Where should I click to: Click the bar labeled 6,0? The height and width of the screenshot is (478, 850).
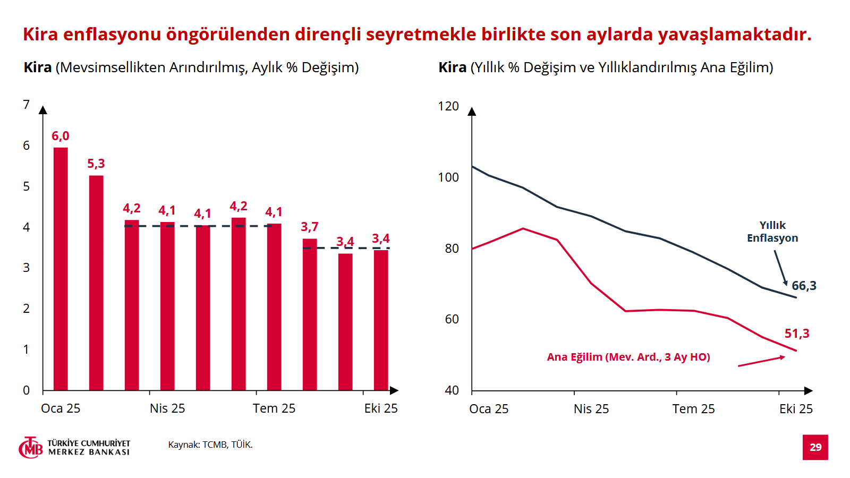point(61,268)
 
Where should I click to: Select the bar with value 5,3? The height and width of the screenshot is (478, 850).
point(96,283)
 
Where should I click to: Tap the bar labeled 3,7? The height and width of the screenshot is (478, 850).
point(310,314)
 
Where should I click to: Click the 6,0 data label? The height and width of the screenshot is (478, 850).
point(61,136)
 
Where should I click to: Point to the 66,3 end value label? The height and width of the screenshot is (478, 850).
point(804,286)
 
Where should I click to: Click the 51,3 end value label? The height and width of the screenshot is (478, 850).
point(797,334)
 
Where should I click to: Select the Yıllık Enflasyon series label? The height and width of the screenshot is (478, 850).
point(772,232)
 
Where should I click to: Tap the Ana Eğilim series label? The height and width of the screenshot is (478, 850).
point(628,357)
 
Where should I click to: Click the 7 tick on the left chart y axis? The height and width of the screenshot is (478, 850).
point(27,105)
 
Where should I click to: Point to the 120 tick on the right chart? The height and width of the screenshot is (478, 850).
point(448,106)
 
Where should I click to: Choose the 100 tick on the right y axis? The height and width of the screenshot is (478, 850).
point(448,177)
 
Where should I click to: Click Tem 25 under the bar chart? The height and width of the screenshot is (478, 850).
point(274,408)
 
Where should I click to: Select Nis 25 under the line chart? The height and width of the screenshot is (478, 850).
point(591,409)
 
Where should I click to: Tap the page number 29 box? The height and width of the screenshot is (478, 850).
point(815,447)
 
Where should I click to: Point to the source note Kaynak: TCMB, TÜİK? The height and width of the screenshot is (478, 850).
point(210,445)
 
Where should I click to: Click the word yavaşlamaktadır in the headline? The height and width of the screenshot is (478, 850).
point(735,34)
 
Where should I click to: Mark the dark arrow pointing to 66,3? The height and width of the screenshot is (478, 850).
point(780,268)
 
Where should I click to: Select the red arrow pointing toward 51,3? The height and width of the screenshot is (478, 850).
point(761,361)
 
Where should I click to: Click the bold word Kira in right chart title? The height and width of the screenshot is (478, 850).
point(453,67)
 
